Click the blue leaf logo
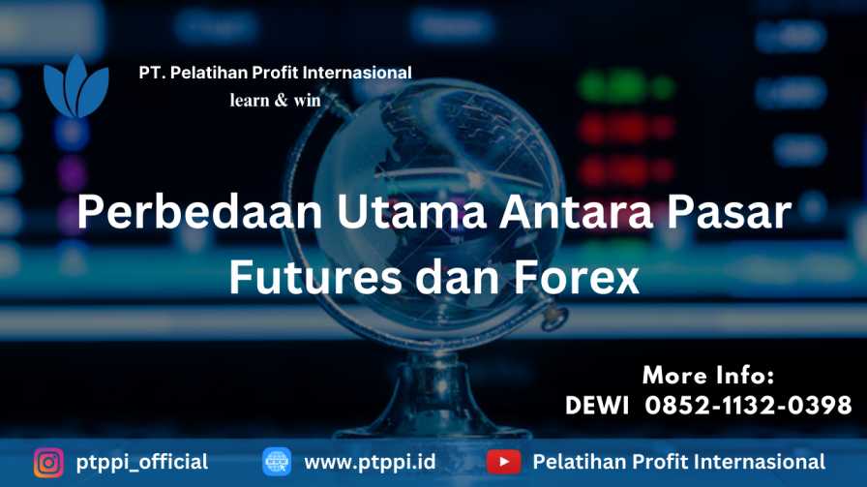coord(76,87)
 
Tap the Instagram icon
coord(48,462)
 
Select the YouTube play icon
coord(504,462)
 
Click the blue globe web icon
coord(277,462)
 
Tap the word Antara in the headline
coord(576,212)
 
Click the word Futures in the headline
coord(315,277)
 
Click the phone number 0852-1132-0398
coord(748,406)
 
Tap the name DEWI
coord(597,406)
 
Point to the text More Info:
coord(708,376)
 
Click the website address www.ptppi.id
coord(370,462)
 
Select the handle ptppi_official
coord(142,463)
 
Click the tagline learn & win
coord(275,100)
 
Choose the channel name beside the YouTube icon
coord(679,462)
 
